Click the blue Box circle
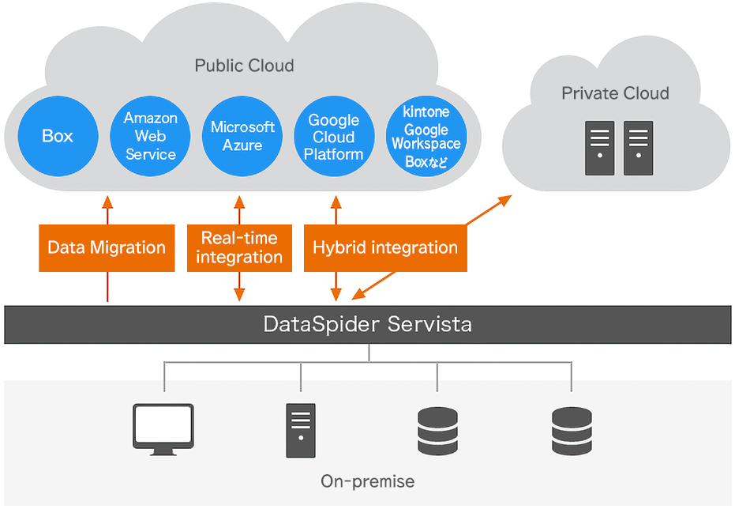pos(58,137)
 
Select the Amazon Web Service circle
pos(150,137)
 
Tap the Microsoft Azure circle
pos(242,137)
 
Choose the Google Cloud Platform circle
pos(334,137)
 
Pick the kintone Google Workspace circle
pos(426,137)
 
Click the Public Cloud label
pos(244,66)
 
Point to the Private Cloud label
pos(615,93)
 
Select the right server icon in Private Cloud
pos(638,148)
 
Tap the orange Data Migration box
pos(107,247)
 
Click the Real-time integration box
pos(239,247)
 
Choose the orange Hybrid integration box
pos(385,247)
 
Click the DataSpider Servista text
pos(367,324)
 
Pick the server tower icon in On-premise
pos(300,430)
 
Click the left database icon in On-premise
pos(437,430)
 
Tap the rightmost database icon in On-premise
pos(572,430)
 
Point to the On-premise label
pos(367,481)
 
